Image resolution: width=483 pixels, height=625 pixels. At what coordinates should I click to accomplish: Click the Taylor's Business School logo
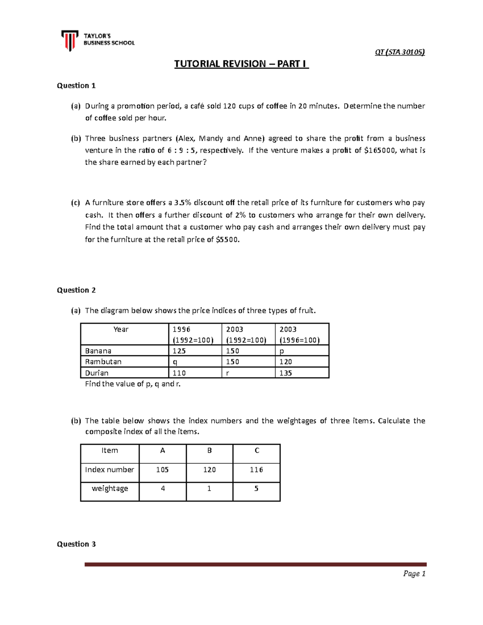click(x=98, y=40)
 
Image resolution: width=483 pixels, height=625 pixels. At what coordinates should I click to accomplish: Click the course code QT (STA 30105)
click(x=399, y=52)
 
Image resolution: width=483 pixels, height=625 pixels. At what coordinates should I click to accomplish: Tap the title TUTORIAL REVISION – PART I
click(x=241, y=64)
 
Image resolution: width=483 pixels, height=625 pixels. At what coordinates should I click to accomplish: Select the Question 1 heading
click(x=76, y=85)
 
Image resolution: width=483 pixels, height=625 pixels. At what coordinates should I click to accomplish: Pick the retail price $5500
click(x=227, y=239)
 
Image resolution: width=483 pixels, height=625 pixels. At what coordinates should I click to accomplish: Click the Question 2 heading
click(x=76, y=290)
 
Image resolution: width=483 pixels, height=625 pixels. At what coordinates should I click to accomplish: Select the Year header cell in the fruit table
click(x=121, y=330)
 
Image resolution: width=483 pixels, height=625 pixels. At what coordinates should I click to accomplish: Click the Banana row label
click(x=98, y=351)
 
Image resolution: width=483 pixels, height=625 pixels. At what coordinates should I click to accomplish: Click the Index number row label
click(x=109, y=470)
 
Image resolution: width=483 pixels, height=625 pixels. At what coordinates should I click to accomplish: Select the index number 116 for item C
click(x=256, y=470)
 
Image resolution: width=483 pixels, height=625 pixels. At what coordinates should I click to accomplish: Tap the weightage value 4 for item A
click(x=163, y=489)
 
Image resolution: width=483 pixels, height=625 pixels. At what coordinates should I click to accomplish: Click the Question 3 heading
click(x=76, y=544)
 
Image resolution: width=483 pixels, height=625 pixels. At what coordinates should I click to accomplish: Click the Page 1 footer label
click(x=414, y=574)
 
